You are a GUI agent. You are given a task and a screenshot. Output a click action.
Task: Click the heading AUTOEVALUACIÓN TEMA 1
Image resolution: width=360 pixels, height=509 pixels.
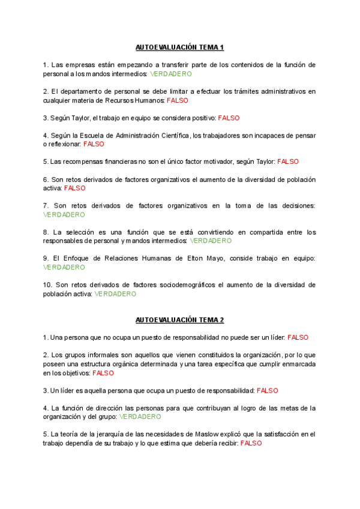pos(179,47)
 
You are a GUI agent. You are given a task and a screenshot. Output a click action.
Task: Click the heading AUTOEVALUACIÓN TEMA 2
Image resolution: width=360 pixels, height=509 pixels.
pos(179,320)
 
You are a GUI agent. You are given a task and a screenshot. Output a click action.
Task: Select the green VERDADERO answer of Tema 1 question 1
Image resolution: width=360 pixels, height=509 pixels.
pos(171,74)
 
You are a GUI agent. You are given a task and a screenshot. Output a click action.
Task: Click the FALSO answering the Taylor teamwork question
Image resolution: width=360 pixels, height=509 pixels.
pos(229,118)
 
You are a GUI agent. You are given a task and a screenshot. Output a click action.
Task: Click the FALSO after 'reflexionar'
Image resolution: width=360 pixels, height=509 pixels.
pos(94,144)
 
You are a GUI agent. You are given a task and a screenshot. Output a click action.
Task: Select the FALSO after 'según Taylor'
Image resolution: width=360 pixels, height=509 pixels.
pos(288,161)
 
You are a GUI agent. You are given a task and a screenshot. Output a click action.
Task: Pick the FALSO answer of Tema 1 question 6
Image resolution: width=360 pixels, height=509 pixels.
pos(75,188)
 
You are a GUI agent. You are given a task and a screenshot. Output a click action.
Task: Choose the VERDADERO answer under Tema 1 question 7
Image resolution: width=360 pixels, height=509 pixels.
pos(64,214)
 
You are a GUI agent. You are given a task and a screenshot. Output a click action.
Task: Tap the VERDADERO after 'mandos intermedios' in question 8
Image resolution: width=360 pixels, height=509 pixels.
pos(211,241)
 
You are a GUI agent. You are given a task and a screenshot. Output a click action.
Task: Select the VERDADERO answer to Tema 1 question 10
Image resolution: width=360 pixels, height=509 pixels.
pos(115,294)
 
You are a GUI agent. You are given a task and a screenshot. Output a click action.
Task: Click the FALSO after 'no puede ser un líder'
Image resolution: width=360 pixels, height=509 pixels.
pos(298,338)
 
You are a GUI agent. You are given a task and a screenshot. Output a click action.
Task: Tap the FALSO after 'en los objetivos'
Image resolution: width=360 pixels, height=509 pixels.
pos(103,373)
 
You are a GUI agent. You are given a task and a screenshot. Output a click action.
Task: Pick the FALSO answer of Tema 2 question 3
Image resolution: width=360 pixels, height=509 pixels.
pos(268,390)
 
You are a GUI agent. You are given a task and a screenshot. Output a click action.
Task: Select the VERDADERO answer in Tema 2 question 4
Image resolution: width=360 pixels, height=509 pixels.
pos(140,417)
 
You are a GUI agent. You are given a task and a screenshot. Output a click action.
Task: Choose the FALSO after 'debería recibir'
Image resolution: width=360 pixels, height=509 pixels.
pos(251,443)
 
